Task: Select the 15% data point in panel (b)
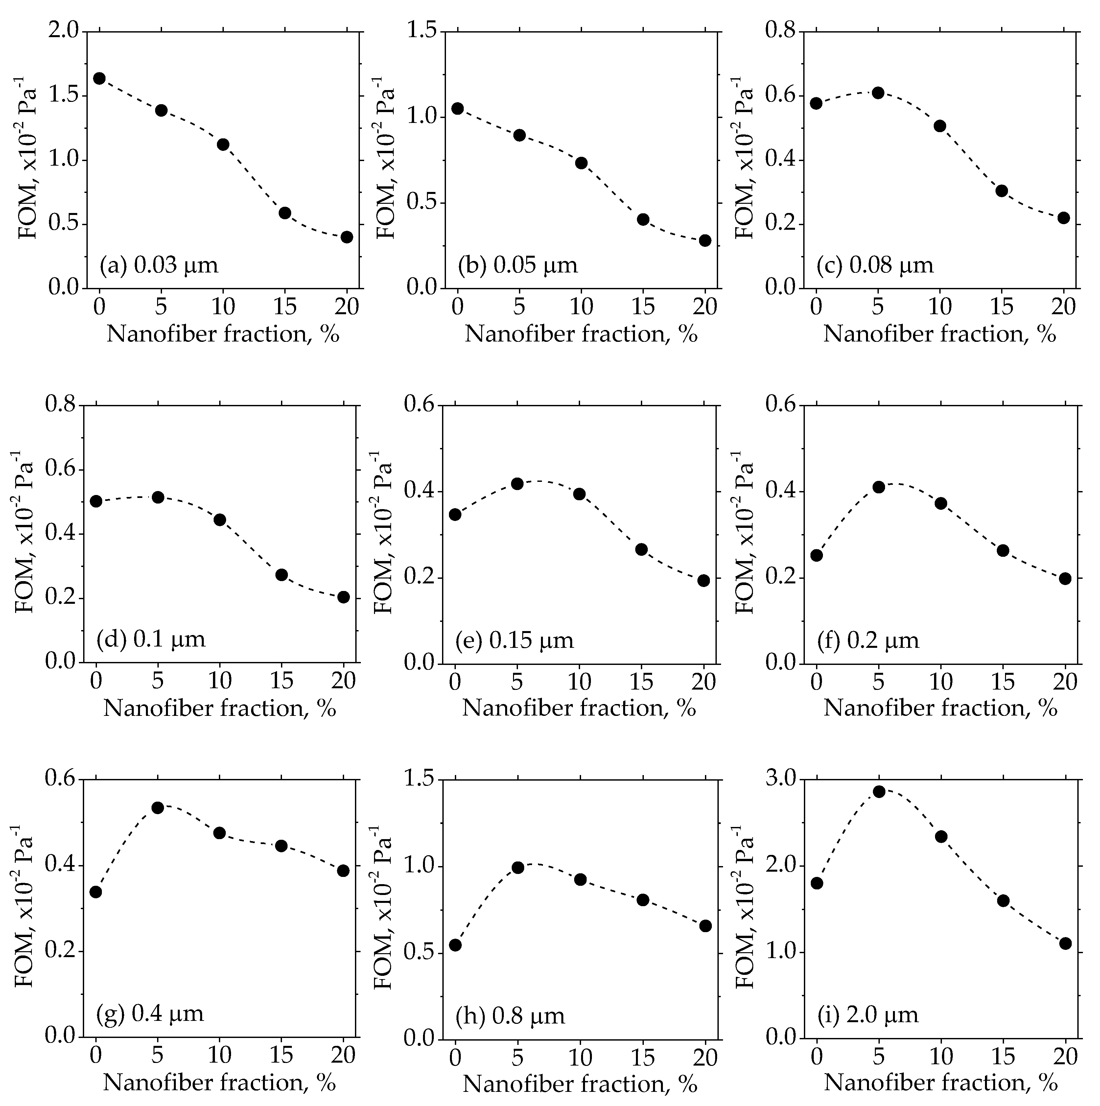tap(643, 219)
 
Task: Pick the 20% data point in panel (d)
tap(343, 597)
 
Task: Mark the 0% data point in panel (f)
tap(817, 555)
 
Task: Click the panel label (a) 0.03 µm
tap(158, 266)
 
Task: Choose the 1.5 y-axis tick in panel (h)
tap(420, 780)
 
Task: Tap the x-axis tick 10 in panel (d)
tap(220, 681)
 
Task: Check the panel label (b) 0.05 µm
tap(517, 266)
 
